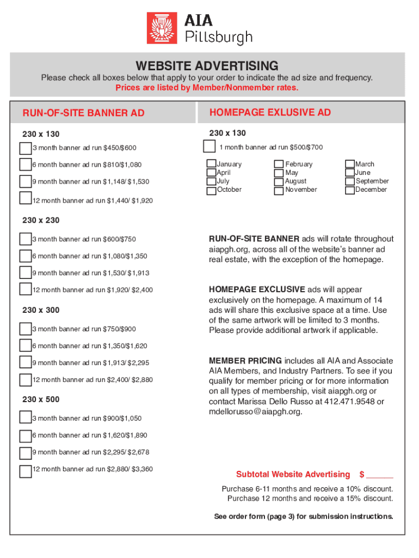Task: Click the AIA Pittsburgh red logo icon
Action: tap(162, 29)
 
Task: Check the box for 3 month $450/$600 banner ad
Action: tap(25, 148)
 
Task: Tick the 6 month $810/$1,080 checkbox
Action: tap(25, 165)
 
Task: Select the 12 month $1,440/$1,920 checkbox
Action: tap(25, 198)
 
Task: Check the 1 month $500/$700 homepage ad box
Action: tap(209, 146)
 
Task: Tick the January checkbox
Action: tap(211, 164)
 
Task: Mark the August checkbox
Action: tap(279, 181)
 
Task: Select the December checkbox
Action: tap(350, 190)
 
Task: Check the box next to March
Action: tap(350, 164)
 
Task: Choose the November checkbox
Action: tap(279, 190)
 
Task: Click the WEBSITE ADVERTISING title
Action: tap(207, 66)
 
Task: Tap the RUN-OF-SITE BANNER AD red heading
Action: tap(83, 113)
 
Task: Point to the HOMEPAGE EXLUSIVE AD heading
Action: tap(270, 113)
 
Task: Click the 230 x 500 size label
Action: tap(41, 399)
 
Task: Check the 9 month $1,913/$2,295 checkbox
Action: tap(25, 362)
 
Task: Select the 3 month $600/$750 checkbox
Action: tap(25, 239)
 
